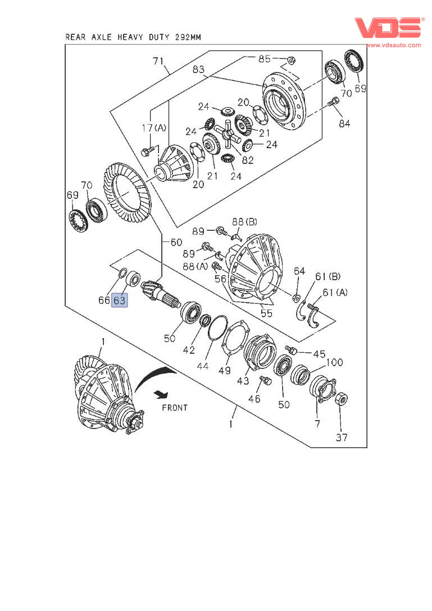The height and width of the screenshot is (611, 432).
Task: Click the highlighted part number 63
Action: (119, 300)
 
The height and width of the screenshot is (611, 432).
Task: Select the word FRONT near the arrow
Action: (175, 408)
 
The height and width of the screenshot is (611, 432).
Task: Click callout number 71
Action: (158, 61)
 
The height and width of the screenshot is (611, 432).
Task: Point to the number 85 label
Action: (265, 59)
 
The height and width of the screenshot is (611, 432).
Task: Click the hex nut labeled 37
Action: (342, 399)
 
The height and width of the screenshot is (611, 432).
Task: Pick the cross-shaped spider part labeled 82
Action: (228, 134)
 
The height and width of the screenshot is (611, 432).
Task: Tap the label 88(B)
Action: (244, 222)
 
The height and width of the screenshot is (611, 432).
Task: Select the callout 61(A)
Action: (335, 292)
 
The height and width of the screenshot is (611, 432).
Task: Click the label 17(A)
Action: (153, 128)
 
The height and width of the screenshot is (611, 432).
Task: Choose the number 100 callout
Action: (334, 362)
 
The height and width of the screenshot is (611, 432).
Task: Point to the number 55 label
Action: (266, 313)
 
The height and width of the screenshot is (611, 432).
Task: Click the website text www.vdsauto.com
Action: (393, 45)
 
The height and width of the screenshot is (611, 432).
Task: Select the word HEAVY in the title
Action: (130, 38)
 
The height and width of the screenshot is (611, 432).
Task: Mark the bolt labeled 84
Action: (333, 101)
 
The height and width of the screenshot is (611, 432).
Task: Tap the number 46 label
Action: (254, 398)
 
